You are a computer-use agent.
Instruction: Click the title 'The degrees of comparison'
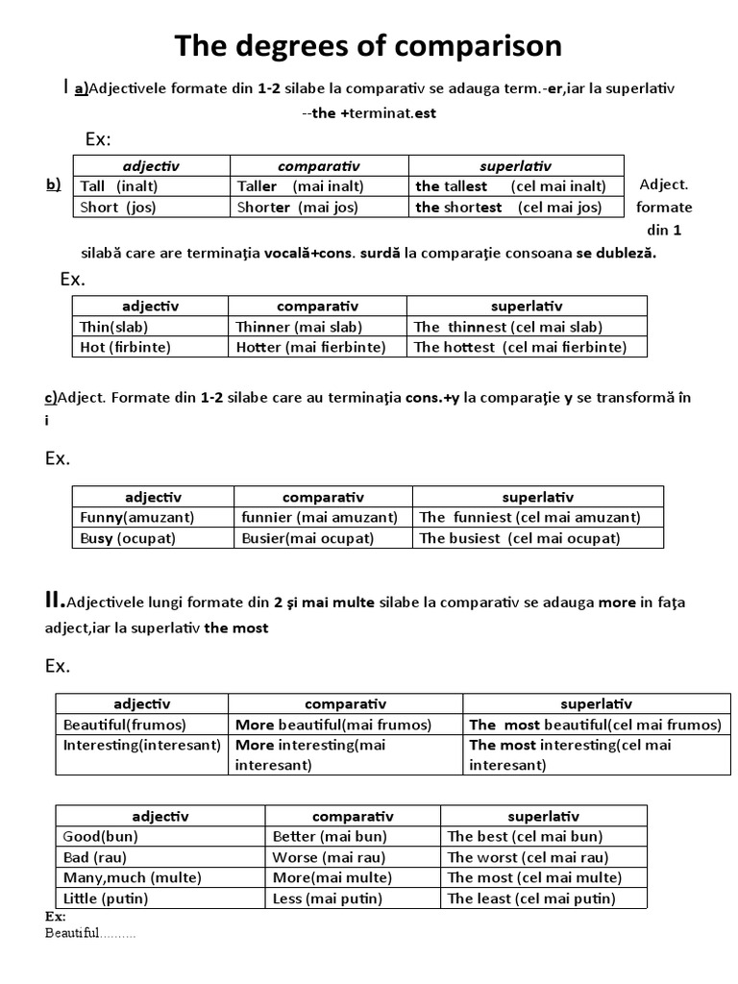click(368, 47)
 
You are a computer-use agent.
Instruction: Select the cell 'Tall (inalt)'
click(119, 185)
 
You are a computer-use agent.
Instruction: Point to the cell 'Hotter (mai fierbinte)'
click(310, 347)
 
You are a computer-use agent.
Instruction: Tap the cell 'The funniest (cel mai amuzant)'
click(529, 517)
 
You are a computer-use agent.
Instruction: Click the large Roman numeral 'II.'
click(55, 601)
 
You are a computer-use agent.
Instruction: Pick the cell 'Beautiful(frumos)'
click(125, 725)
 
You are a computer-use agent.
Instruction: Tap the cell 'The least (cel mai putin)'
click(531, 898)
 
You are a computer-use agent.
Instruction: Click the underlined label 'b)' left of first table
click(53, 184)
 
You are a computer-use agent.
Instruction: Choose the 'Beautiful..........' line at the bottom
click(90, 935)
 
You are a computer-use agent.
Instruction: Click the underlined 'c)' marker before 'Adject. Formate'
click(52, 397)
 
